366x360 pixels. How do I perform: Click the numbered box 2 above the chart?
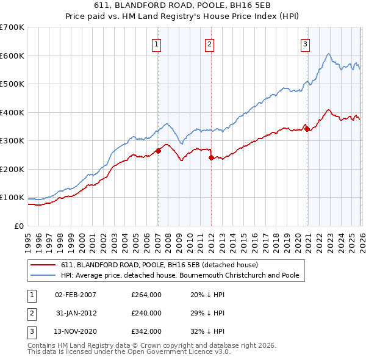tap(209, 43)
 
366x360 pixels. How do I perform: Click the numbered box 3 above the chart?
tap(305, 43)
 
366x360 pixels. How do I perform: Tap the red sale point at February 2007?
tap(158, 151)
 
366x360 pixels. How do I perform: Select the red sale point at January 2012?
tap(211, 157)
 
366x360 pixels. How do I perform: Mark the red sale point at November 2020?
tap(307, 129)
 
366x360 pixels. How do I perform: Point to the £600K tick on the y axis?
tap(12, 56)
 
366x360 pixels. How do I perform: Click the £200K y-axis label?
tap(12, 169)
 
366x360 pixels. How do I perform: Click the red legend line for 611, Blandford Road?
tap(43, 265)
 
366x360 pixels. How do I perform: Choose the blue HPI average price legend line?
tap(43, 275)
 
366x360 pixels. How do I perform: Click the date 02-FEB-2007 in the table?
tap(75, 295)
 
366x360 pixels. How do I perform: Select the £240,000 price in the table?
tap(146, 313)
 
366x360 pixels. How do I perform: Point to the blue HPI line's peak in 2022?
tap(329, 54)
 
